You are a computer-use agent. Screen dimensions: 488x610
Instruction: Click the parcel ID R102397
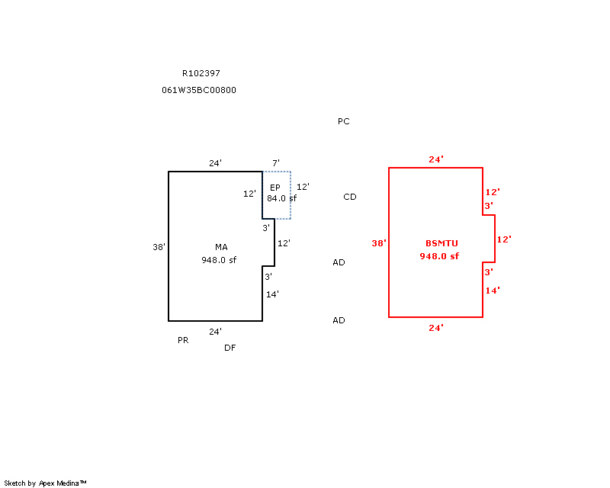[x=201, y=73]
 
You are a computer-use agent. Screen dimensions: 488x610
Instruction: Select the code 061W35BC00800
[x=199, y=90]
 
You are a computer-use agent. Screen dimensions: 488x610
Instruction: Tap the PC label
[x=344, y=121]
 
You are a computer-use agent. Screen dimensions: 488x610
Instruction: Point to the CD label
[x=350, y=197]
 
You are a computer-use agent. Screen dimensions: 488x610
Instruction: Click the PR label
[x=183, y=340]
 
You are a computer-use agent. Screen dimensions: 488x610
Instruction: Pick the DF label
[x=230, y=348]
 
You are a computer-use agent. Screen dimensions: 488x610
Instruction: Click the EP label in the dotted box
[x=275, y=188]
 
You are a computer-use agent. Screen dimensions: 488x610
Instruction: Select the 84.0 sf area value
[x=281, y=198]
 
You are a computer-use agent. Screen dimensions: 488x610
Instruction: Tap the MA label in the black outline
[x=221, y=246]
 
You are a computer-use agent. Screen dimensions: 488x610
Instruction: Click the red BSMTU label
[x=439, y=243]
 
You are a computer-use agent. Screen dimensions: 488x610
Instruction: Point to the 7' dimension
[x=276, y=163]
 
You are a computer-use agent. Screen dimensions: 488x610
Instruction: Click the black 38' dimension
[x=159, y=246]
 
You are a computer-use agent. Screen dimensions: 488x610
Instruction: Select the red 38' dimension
[x=379, y=243]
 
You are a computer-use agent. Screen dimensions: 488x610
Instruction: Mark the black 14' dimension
[x=273, y=294]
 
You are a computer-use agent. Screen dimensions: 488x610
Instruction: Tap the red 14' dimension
[x=492, y=291]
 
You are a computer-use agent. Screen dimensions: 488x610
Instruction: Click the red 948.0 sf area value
[x=439, y=256]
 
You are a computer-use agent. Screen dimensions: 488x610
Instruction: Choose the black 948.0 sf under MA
[x=219, y=259]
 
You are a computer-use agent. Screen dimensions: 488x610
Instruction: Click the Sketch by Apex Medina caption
[x=46, y=483]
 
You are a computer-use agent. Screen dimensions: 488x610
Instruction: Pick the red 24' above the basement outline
[x=436, y=159]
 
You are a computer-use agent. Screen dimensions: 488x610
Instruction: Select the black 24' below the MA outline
[x=216, y=332]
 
